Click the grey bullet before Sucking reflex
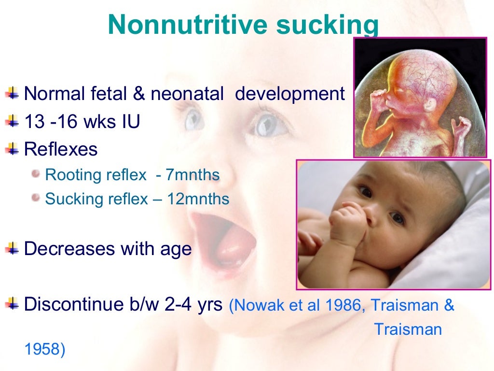click(35, 198)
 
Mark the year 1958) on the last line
click(44, 349)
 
